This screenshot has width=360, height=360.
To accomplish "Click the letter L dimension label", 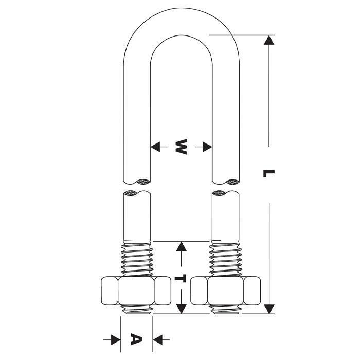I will tap(268, 174).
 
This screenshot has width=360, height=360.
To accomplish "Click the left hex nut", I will tap(136, 292).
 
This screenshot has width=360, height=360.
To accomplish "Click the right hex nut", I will tap(225, 292).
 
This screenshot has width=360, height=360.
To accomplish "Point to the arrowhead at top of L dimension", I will tap(268, 41).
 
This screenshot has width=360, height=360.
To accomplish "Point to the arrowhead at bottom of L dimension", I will tap(268, 308).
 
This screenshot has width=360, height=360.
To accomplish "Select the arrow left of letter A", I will tap(115, 339).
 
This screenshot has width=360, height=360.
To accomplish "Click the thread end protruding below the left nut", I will tap(137, 310).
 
